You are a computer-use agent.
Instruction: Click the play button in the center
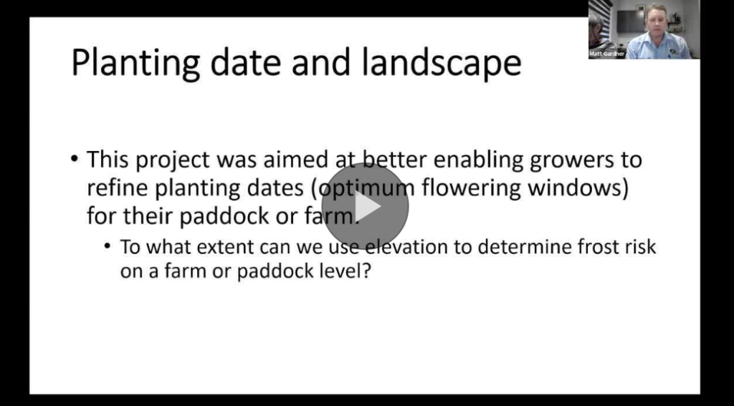pos(365,206)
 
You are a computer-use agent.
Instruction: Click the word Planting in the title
pos(135,63)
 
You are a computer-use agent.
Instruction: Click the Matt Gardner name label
pos(606,54)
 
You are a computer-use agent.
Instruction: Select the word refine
pos(117,188)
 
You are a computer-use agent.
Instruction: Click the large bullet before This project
pos(75,159)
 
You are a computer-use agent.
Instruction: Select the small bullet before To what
pos(108,246)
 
